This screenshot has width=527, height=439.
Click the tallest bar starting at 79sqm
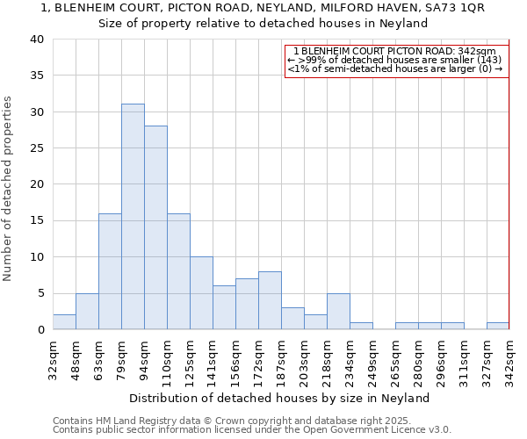coord(133,217)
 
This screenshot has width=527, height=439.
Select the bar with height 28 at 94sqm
coord(155,227)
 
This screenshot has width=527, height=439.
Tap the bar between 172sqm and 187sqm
coord(270,300)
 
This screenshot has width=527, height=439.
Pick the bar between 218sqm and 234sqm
coord(338,311)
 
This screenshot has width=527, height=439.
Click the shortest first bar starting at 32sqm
coord(64,322)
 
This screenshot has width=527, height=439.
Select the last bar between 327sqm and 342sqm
coord(498,326)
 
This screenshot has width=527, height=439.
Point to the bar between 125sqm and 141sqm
coord(201,293)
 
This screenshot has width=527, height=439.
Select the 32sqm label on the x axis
coord(58,360)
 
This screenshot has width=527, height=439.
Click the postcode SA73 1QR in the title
coord(453,8)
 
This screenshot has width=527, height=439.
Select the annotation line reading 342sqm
coord(397,52)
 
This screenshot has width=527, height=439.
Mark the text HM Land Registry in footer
coord(141,421)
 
